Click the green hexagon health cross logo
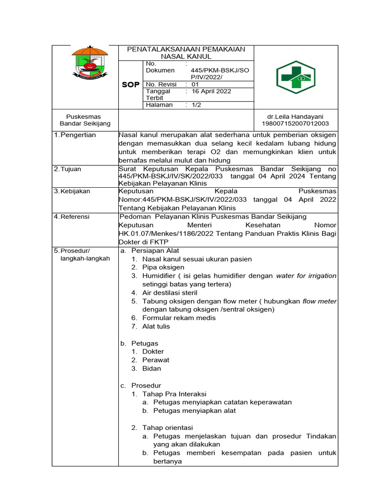click(296, 77)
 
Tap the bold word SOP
click(131, 85)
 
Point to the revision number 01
click(196, 84)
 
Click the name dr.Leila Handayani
click(295, 117)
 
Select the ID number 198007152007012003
click(295, 124)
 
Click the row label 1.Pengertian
click(75, 135)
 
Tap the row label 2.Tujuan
click(68, 169)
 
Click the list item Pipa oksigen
click(163, 267)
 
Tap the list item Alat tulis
click(156, 326)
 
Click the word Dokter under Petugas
click(153, 352)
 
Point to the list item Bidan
click(151, 368)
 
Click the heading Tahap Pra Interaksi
click(174, 393)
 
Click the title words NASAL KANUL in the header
click(186, 56)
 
